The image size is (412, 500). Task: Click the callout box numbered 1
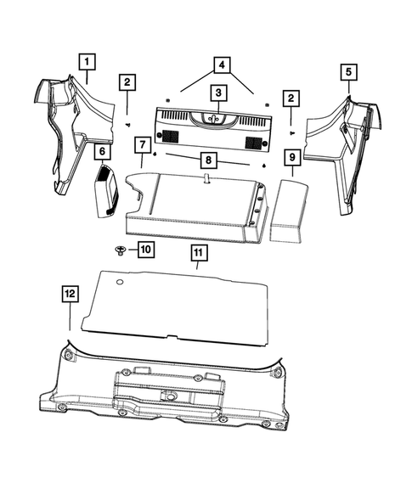(x=87, y=61)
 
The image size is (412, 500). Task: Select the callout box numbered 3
(x=218, y=93)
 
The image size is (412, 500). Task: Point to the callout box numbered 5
(x=348, y=73)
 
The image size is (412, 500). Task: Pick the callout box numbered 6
(x=102, y=152)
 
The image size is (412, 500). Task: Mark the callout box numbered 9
(x=291, y=157)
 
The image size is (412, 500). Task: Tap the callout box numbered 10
(x=145, y=249)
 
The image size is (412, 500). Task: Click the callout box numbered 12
(x=69, y=294)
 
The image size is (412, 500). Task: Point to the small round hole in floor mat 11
(x=121, y=280)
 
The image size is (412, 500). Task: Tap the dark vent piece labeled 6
(x=105, y=191)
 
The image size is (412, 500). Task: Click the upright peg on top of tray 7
(x=206, y=180)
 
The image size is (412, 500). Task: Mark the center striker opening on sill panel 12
(x=172, y=396)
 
